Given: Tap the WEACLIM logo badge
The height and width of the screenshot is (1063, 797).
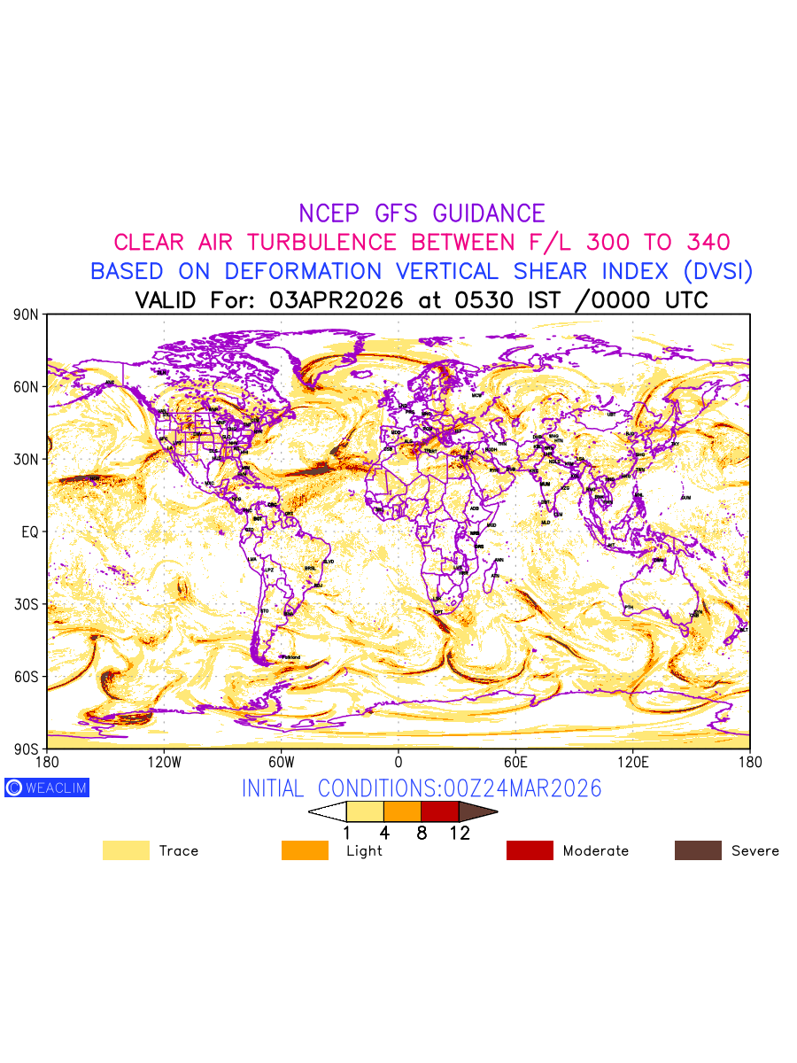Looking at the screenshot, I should [x=47, y=788].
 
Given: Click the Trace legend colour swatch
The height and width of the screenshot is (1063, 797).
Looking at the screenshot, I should [x=126, y=850].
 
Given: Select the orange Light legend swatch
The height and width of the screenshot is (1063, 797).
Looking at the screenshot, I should [x=305, y=850].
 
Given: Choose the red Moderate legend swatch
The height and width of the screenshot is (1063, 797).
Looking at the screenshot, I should [x=530, y=850].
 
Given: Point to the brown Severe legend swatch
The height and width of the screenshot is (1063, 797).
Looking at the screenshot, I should [x=698, y=850].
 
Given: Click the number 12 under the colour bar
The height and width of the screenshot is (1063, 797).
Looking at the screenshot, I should [x=459, y=833].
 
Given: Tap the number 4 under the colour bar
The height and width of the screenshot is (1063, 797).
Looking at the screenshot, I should [x=384, y=833].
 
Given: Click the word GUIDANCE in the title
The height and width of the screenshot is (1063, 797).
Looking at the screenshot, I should [x=489, y=213].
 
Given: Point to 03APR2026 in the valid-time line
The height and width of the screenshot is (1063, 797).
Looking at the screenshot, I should [x=336, y=300].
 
